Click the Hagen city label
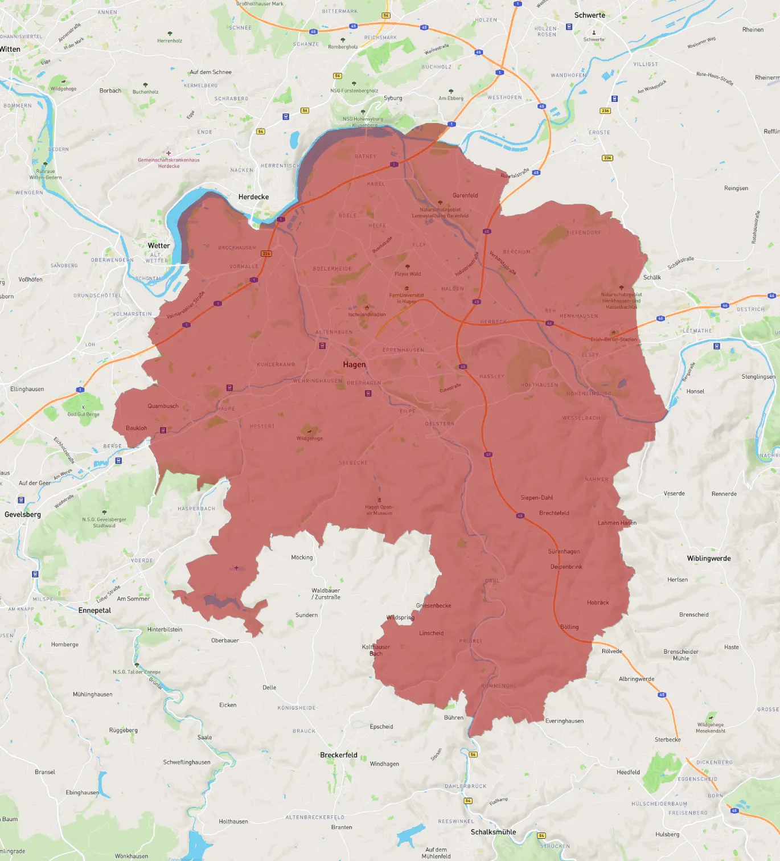[x=354, y=364]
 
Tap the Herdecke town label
[x=253, y=197]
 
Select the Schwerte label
[x=590, y=15]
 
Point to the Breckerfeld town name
[x=339, y=755]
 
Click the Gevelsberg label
[x=23, y=514]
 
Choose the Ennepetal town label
[x=95, y=610]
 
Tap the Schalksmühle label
[x=493, y=832]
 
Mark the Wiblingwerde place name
[x=709, y=559]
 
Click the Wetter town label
[x=159, y=246]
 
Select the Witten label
[x=10, y=50]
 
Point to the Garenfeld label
[x=465, y=195]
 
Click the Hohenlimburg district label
[x=589, y=393]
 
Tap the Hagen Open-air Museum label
[x=379, y=510]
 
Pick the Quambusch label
[x=163, y=406]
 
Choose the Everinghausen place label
[x=564, y=721]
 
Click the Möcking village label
[x=302, y=557]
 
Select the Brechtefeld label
[x=554, y=513]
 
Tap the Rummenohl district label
[x=499, y=686]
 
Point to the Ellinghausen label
[x=27, y=389]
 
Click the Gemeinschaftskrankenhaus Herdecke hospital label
[x=169, y=163]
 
